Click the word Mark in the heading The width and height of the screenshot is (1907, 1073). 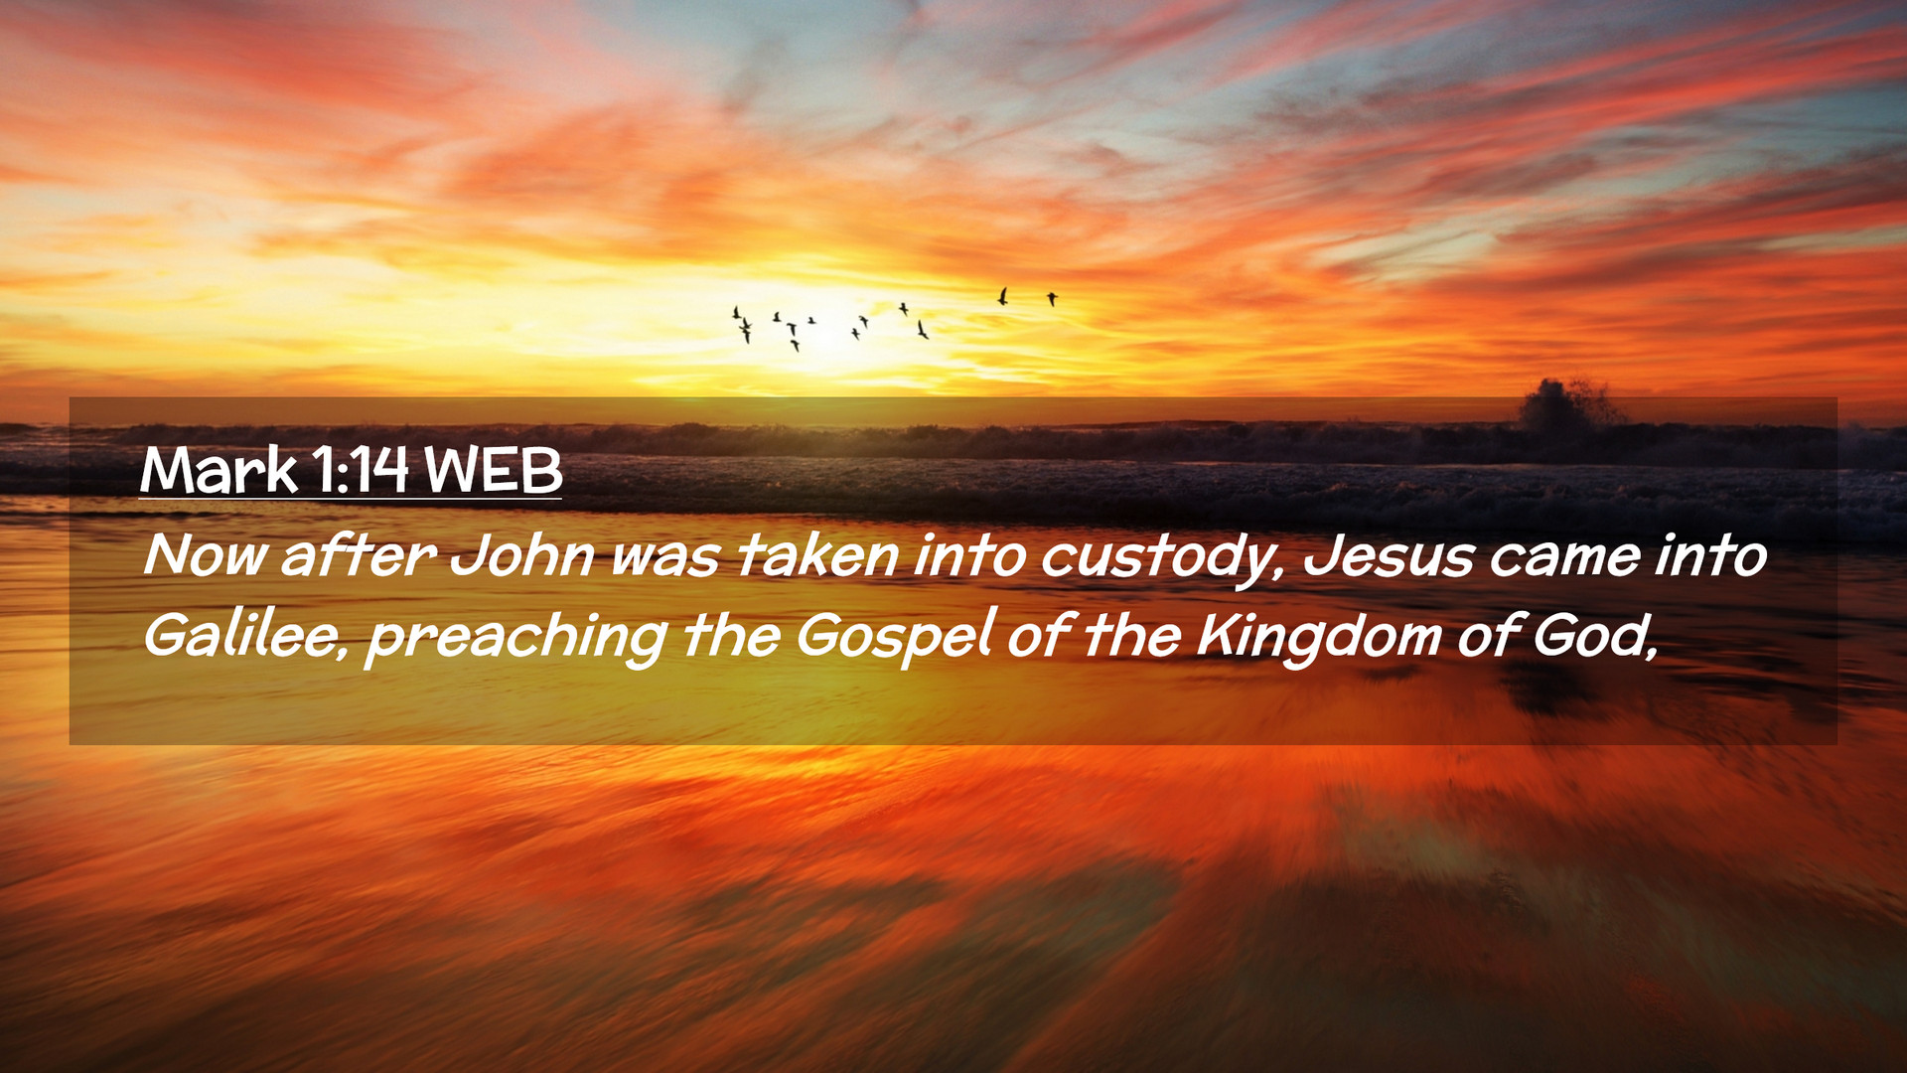pos(219,470)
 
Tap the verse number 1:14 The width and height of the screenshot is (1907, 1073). pos(360,470)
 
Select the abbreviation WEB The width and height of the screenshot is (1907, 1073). pos(493,470)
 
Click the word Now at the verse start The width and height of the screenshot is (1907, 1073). pos(206,554)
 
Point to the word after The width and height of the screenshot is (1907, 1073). pos(359,554)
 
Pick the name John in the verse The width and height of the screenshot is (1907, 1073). pos(522,554)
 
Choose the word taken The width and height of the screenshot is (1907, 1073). pos(817,554)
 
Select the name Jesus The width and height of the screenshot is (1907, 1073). pos(1389,554)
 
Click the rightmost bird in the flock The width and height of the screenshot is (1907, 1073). pos(1052,298)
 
